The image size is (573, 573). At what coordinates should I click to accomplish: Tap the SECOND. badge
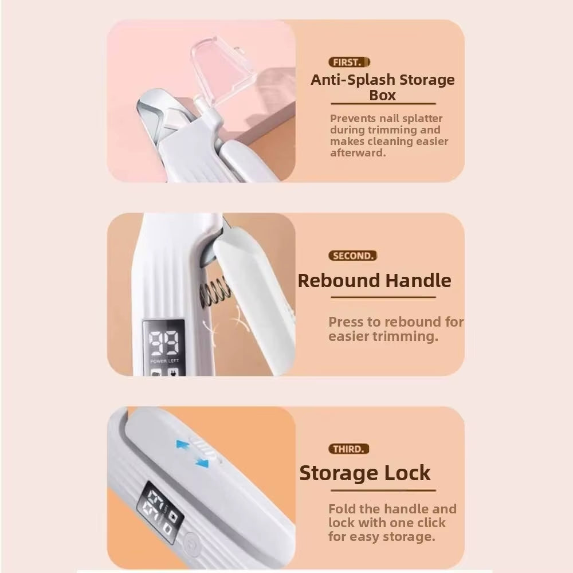pos(353,256)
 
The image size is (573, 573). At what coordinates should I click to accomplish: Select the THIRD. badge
pos(349,449)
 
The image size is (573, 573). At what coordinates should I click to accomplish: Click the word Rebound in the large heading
pos(339,281)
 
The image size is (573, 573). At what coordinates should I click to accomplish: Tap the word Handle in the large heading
pos(418,281)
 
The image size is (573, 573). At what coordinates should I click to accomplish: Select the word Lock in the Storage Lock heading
pos(407,474)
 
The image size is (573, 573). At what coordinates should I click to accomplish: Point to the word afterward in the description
pos(359,153)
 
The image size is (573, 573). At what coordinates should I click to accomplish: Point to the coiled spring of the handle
pos(214,293)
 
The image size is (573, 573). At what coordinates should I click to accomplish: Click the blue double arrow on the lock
pos(193,453)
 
